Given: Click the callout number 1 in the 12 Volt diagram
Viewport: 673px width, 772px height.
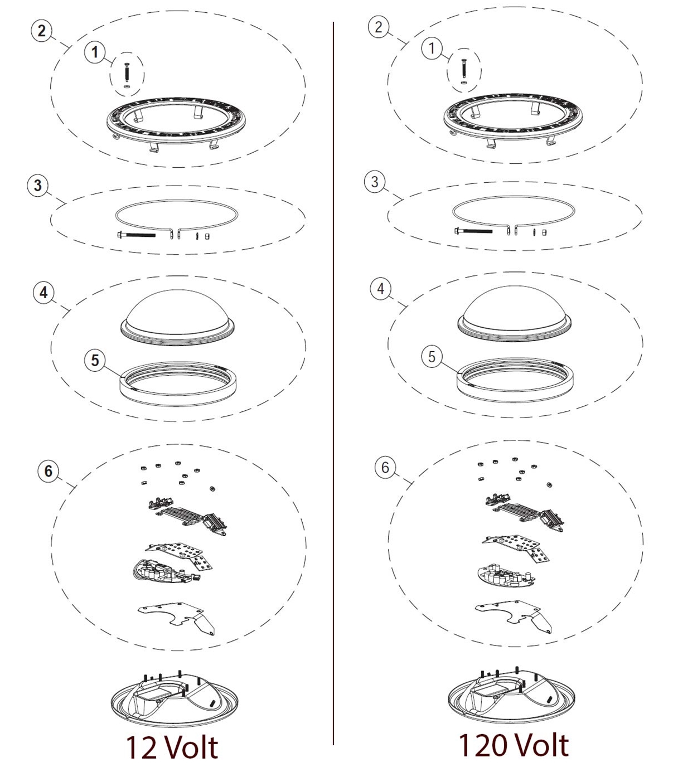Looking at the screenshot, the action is click(x=95, y=52).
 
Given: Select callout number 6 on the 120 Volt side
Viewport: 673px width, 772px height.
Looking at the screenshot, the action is click(x=385, y=468).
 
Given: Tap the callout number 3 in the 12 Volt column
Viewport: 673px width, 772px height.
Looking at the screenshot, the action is click(x=38, y=185).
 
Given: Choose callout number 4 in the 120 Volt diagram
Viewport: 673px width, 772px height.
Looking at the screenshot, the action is click(x=380, y=289).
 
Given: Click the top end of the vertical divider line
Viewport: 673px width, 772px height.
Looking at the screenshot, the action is click(x=333, y=22).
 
